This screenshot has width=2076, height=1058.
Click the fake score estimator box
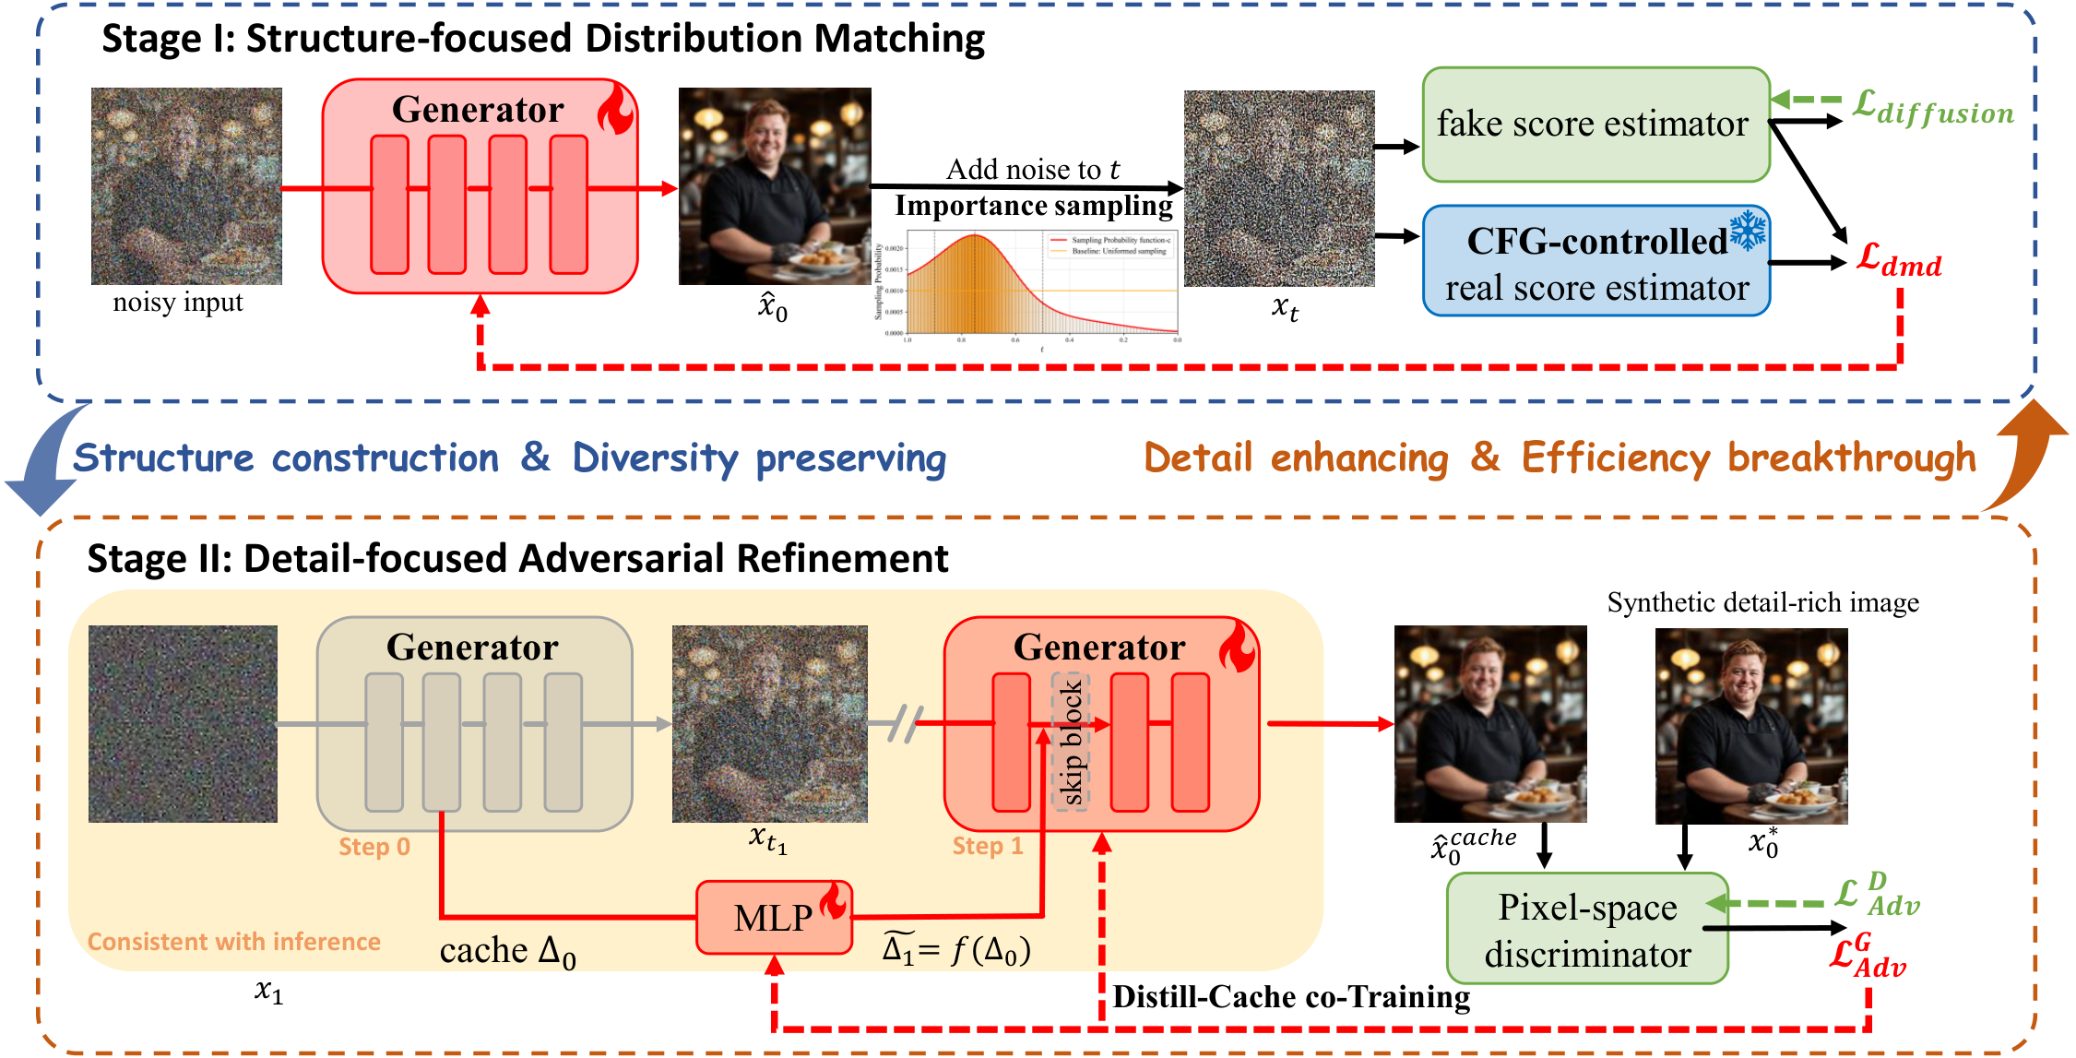[x=1595, y=125]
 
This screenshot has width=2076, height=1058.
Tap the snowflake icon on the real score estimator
[x=1747, y=230]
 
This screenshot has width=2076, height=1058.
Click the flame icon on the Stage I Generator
[x=616, y=110]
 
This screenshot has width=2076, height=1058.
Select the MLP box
[x=773, y=918]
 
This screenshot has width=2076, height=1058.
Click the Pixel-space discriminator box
[x=1586, y=930]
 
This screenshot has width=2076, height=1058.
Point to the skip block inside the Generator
[x=1071, y=743]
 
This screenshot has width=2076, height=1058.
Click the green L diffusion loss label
[x=1933, y=108]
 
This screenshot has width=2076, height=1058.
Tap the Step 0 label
[x=374, y=847]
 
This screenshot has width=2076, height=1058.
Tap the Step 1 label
[x=988, y=846]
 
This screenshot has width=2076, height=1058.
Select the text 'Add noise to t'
[x=1032, y=170]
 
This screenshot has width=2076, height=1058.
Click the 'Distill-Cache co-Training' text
[x=1290, y=997]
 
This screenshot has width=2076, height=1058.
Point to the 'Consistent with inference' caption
[x=233, y=942]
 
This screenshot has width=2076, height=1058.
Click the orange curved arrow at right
[x=2024, y=457]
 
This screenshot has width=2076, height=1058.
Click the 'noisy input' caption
[x=178, y=303]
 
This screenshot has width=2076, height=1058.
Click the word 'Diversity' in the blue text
[x=655, y=458]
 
